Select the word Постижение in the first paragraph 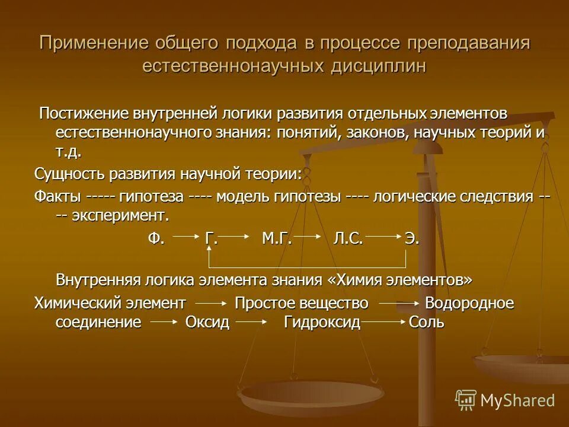(x=76, y=113)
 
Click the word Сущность (x=65, y=174)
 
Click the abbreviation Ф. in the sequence (x=155, y=238)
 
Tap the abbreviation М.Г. (x=276, y=238)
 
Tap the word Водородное (x=469, y=303)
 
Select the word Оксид (x=207, y=323)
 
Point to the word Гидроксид (x=322, y=323)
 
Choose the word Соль (x=427, y=323)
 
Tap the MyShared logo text (x=517, y=400)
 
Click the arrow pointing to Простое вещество (x=212, y=303)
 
